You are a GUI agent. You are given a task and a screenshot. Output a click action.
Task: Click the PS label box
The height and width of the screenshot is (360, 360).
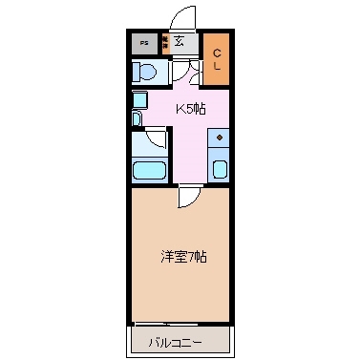coord(145,43)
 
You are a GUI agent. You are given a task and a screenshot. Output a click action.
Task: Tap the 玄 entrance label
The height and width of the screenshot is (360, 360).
coord(179,40)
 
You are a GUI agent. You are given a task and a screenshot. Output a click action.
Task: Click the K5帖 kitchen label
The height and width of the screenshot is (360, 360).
coord(188,108)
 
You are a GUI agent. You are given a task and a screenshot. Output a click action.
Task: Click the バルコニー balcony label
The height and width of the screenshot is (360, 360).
coord(179,341)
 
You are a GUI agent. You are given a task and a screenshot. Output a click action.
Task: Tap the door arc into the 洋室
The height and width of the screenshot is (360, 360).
coord(188,197)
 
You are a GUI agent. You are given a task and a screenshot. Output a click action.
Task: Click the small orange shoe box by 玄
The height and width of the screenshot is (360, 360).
coord(164,42)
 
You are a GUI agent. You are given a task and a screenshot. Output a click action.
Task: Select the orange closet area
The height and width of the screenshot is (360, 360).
coord(217,59)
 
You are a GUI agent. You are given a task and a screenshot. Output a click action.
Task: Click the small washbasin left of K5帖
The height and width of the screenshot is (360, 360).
coord(137,118)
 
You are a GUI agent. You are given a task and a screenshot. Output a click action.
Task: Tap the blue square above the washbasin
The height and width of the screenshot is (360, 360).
coord(139,99)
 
